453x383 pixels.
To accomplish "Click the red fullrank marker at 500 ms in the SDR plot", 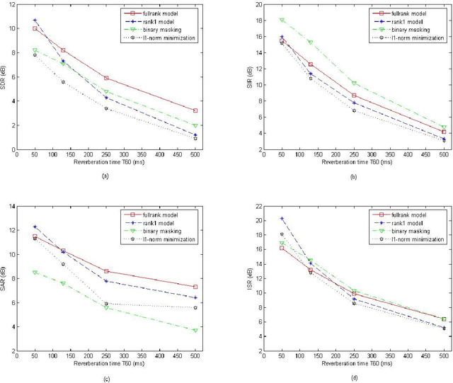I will [x=195, y=110].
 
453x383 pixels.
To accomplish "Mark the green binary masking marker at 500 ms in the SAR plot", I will [x=195, y=330].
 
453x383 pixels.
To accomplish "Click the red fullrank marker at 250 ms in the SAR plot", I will [x=106, y=271].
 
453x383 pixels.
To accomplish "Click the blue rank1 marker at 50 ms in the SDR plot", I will [x=35, y=21].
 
